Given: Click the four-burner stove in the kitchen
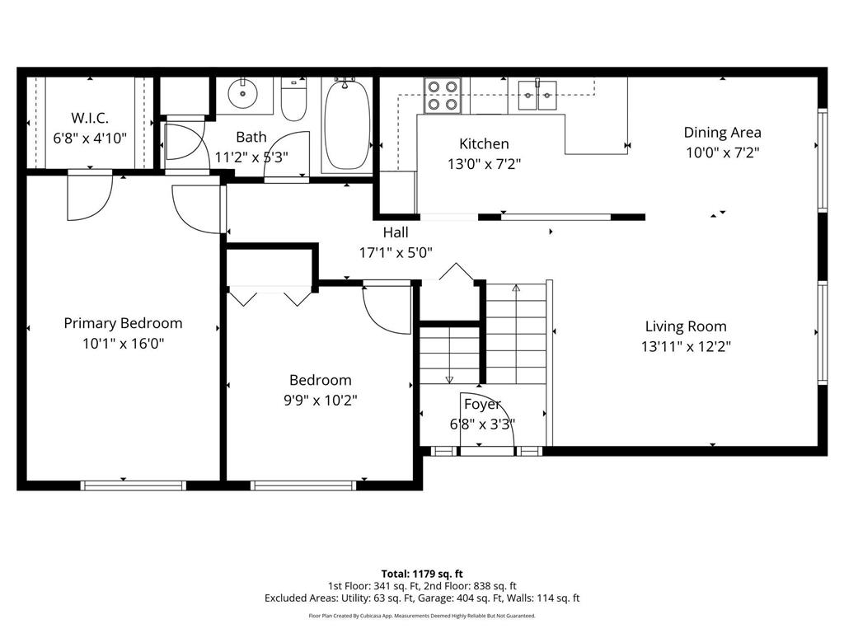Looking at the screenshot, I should pyautogui.click(x=442, y=95).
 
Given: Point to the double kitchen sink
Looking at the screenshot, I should pyautogui.click(x=537, y=95).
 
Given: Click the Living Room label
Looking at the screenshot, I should pyautogui.click(x=686, y=326).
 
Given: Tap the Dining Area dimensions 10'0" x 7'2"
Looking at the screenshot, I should pyautogui.click(x=722, y=152).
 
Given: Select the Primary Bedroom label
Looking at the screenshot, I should pyautogui.click(x=123, y=323).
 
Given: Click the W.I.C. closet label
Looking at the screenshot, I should pyautogui.click(x=89, y=118).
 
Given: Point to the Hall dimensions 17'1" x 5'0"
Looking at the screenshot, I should pyautogui.click(x=396, y=253).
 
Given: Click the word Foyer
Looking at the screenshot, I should pyautogui.click(x=482, y=404).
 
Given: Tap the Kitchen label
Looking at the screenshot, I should pyautogui.click(x=484, y=143).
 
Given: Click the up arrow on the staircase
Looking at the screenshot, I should pyautogui.click(x=516, y=289).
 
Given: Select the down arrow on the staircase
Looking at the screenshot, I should pyautogui.click(x=449, y=378).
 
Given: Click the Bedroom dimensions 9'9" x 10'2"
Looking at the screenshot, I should pyautogui.click(x=320, y=401).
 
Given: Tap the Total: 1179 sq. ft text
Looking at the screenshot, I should pyautogui.click(x=422, y=573).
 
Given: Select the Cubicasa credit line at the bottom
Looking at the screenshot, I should pyautogui.click(x=422, y=616).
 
